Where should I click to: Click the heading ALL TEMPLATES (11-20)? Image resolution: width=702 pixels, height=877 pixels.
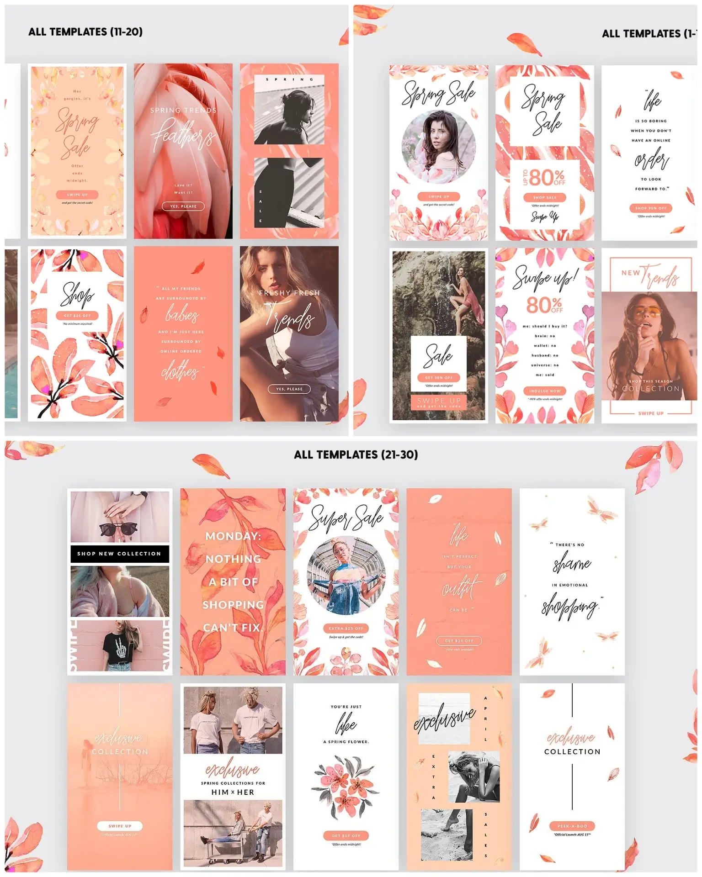(x=85, y=32)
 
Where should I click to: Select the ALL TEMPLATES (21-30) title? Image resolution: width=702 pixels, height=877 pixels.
(x=356, y=454)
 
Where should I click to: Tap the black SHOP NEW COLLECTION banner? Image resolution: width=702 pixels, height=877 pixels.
(x=119, y=554)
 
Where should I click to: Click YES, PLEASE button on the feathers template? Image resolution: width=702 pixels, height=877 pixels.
(x=183, y=206)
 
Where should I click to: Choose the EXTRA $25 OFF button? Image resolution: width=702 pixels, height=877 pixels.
(x=346, y=629)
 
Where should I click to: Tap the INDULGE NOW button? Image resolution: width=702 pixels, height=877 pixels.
(x=544, y=391)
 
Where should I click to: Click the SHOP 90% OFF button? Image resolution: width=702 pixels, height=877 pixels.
(x=650, y=208)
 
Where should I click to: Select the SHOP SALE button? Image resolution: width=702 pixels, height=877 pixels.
(x=544, y=197)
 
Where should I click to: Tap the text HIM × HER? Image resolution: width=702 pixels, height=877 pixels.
(x=233, y=792)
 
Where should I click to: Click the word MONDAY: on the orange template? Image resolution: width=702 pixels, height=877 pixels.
(x=233, y=536)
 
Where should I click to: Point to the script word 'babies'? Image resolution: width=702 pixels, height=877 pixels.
(x=182, y=315)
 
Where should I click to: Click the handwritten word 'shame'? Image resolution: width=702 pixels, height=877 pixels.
(x=572, y=564)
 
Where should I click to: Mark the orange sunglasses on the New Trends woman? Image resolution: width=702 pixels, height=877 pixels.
(x=650, y=313)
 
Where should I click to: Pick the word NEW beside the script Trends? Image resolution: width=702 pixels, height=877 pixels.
(x=630, y=273)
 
